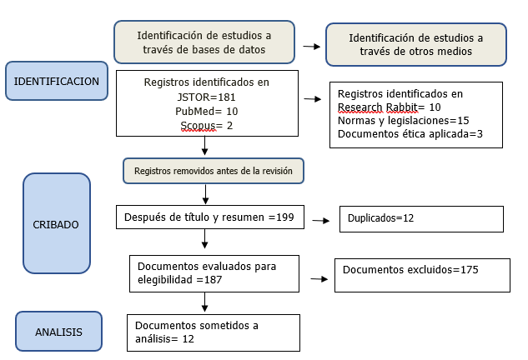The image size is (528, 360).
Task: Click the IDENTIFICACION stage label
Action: pos(57,81)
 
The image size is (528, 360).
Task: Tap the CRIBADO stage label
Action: pos(57,223)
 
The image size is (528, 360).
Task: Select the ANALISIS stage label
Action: pos(58,332)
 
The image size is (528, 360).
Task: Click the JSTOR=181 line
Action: pos(206,97)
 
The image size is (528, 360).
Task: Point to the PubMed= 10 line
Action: pos(206,112)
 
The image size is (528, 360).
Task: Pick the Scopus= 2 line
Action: pos(206,126)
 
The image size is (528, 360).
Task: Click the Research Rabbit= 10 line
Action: pos(390,107)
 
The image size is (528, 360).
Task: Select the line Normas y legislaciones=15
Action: pos(404,121)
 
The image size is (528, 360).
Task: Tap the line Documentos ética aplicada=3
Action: pos(410,134)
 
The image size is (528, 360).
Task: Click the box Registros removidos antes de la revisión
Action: pos(214,171)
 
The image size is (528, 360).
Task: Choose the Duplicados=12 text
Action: pos(380,218)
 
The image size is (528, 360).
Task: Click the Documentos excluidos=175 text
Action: pos(410,269)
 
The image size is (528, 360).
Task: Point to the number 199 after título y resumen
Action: pos(285,217)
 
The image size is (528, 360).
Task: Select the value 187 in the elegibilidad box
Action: pos(214,280)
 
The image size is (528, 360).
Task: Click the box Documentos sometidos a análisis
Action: pos(214,332)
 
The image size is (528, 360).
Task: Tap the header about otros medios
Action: pos(416,44)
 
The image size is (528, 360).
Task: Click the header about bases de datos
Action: pos(204,42)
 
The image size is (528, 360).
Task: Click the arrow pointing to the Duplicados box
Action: pos(321,221)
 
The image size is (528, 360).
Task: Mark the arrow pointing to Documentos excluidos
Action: pos(319,279)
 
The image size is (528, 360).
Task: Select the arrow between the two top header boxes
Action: pos(312,47)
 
